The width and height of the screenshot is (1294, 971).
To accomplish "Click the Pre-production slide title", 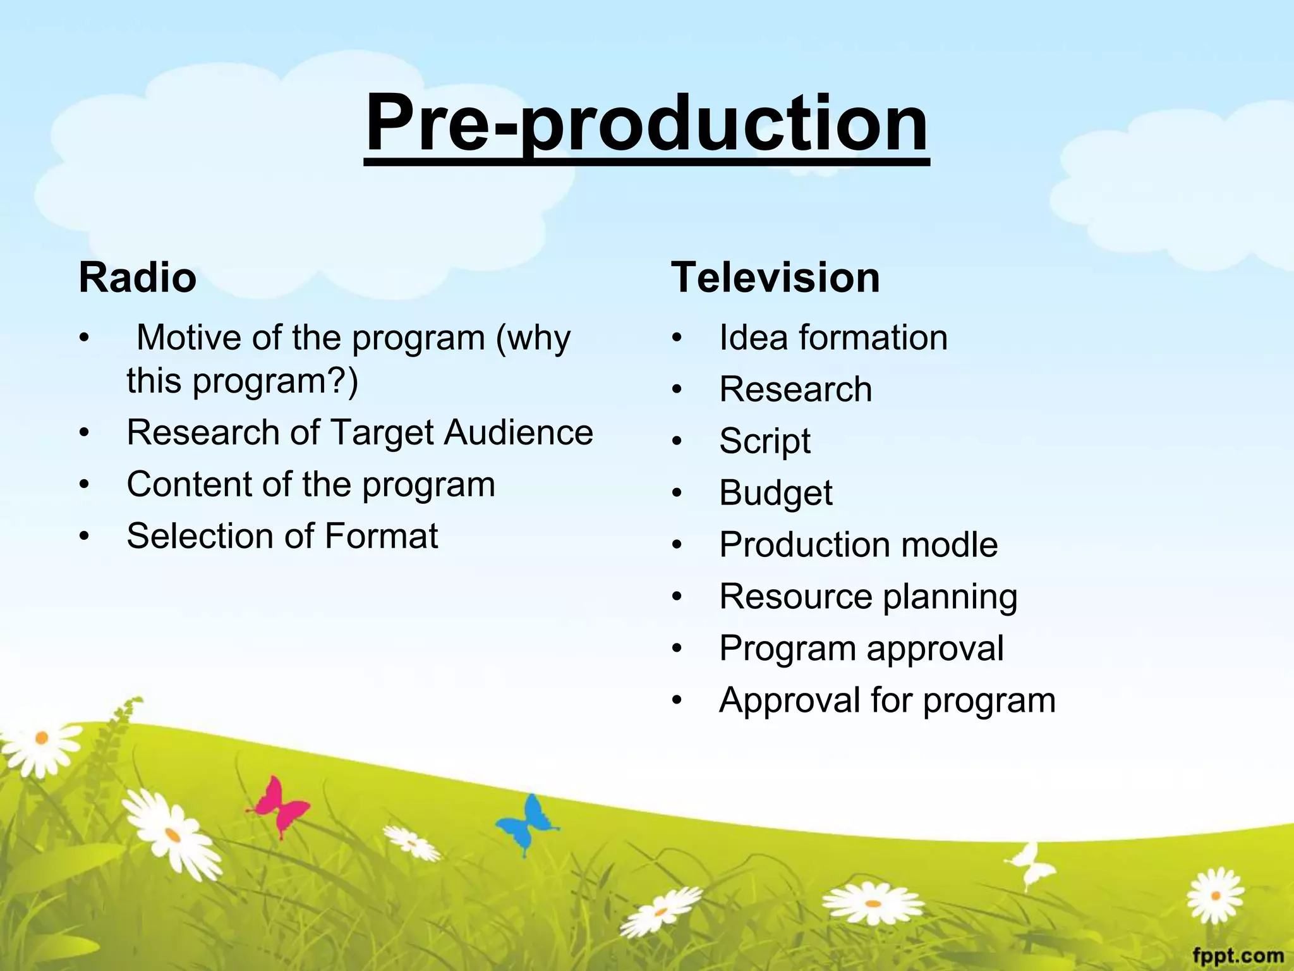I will pyautogui.click(x=646, y=123).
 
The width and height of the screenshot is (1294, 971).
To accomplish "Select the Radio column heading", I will pyautogui.click(x=137, y=278).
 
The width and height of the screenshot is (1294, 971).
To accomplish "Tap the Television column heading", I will pyautogui.click(x=775, y=278).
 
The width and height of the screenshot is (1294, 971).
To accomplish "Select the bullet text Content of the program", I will pyautogui.click(x=311, y=485).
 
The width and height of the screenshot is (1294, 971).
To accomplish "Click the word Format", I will pyautogui.click(x=381, y=537).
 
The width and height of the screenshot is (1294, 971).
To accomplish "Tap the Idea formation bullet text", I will pyautogui.click(x=833, y=338).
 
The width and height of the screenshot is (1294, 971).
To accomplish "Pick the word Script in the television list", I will pyautogui.click(x=765, y=441).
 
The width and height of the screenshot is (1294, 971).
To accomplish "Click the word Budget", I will pyautogui.click(x=775, y=493).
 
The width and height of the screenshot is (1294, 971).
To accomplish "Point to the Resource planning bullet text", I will pyautogui.click(x=868, y=597).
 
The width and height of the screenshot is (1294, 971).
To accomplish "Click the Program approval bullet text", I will pyautogui.click(x=861, y=649).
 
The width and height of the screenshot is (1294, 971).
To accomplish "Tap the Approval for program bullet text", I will pyautogui.click(x=887, y=700).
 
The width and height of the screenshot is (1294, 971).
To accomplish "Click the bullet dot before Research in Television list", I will pyautogui.click(x=677, y=391).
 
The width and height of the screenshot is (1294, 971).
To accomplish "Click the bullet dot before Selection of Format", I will pyautogui.click(x=85, y=537).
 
